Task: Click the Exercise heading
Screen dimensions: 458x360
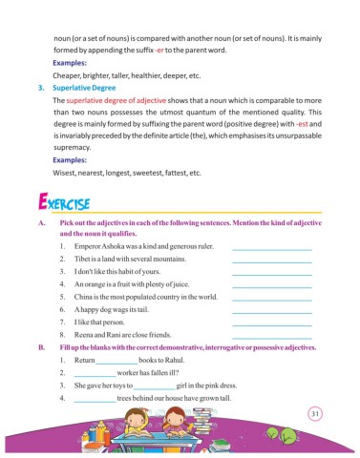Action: tap(63, 204)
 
